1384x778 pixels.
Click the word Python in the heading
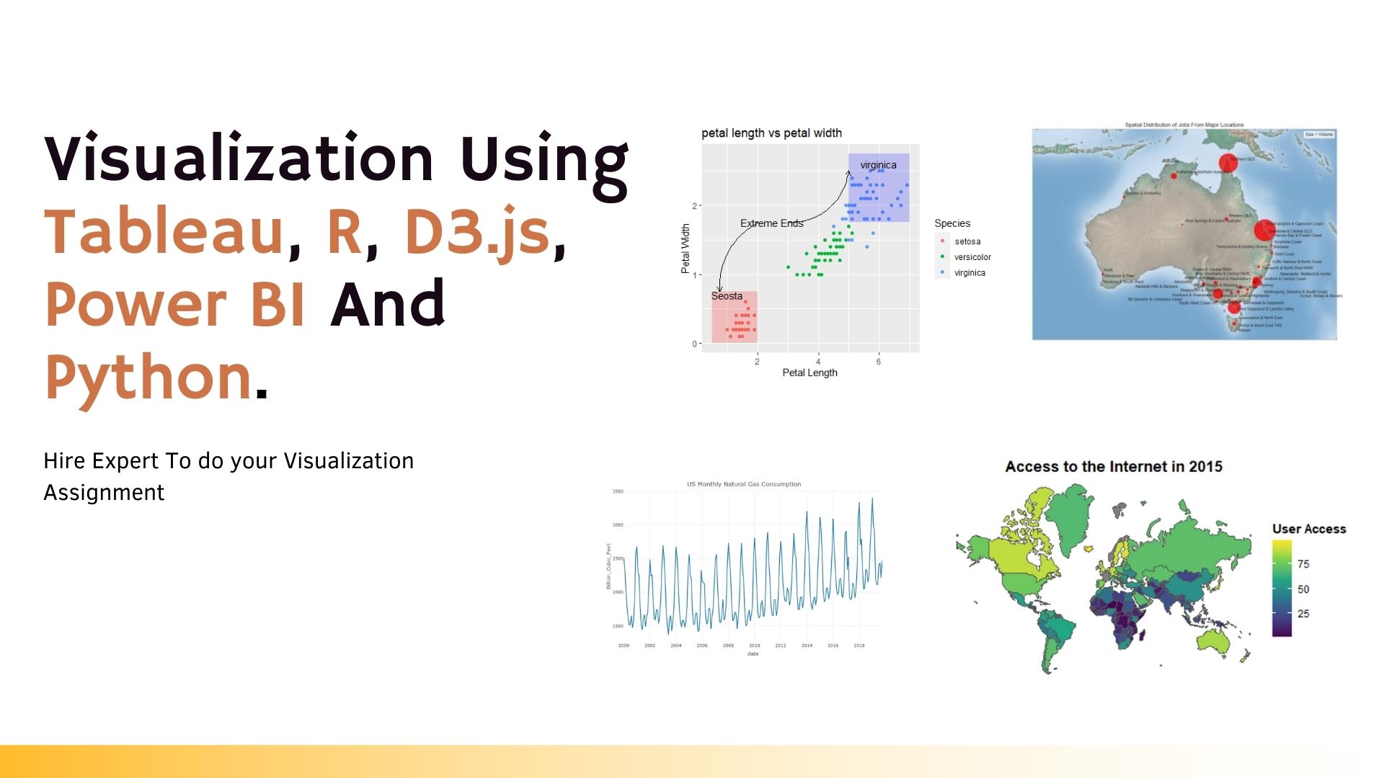point(148,377)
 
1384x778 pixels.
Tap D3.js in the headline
point(476,232)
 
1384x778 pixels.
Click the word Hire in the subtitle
point(64,461)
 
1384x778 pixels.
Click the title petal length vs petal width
point(771,133)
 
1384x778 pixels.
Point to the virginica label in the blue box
point(878,165)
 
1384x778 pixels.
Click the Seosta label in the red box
point(727,296)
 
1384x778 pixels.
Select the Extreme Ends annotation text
point(771,223)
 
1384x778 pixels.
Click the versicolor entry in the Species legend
point(972,257)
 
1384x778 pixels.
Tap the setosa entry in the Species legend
point(967,241)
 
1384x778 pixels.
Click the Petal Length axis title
point(809,372)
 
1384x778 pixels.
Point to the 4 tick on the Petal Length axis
point(818,362)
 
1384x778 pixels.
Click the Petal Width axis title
point(686,249)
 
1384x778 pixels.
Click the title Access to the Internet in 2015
point(1114,467)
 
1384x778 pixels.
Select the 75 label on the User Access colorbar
point(1303,564)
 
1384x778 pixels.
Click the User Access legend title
point(1309,529)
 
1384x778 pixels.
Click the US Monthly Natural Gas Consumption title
point(744,484)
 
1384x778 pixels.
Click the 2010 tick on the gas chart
point(755,645)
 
